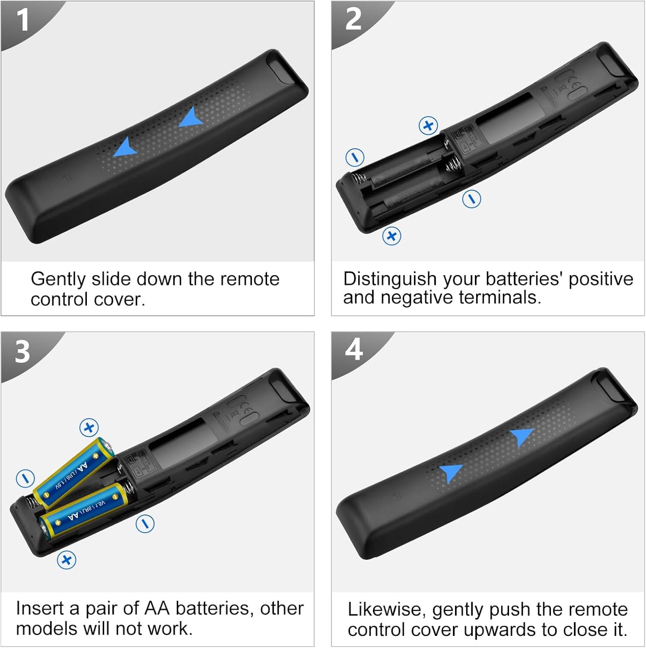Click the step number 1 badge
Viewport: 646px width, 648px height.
click(x=22, y=20)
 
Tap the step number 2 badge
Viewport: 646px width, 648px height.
click(x=353, y=20)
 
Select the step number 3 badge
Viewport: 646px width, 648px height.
click(x=22, y=351)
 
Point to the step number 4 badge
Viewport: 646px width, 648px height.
click(x=354, y=349)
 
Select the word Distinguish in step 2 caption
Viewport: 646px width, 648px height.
click(x=389, y=280)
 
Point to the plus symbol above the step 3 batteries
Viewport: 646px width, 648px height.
click(x=89, y=428)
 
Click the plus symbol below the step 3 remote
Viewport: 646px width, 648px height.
click(x=67, y=560)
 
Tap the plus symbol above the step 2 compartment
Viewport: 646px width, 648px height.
click(x=428, y=126)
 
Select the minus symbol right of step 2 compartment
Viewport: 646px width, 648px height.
click(x=471, y=199)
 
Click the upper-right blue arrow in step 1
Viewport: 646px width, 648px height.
click(x=191, y=118)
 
